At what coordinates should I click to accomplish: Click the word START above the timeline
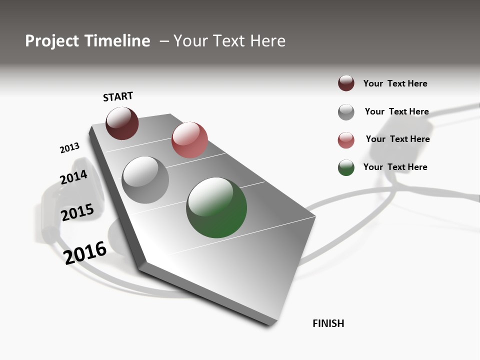[x=118, y=96]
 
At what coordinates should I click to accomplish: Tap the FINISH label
[x=328, y=323]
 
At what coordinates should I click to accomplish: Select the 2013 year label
[x=69, y=148]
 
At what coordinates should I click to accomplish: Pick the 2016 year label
[x=85, y=252]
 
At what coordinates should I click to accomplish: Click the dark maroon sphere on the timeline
[x=122, y=123]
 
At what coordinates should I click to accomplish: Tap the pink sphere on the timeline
[x=189, y=140]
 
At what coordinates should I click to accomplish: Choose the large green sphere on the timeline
[x=216, y=207]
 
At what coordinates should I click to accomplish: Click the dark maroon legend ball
[x=346, y=83]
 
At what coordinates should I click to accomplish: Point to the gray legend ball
[x=346, y=112]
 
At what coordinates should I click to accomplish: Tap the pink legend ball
[x=346, y=140]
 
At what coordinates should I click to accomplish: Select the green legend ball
[x=346, y=167]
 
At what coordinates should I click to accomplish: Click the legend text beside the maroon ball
[x=395, y=83]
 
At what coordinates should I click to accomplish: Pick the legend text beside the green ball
[x=395, y=167]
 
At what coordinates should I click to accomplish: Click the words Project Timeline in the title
[x=87, y=41]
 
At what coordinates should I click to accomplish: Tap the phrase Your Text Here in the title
[x=229, y=41]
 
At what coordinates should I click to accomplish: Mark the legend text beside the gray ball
[x=396, y=111]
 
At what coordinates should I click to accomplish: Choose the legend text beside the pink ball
[x=397, y=139]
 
